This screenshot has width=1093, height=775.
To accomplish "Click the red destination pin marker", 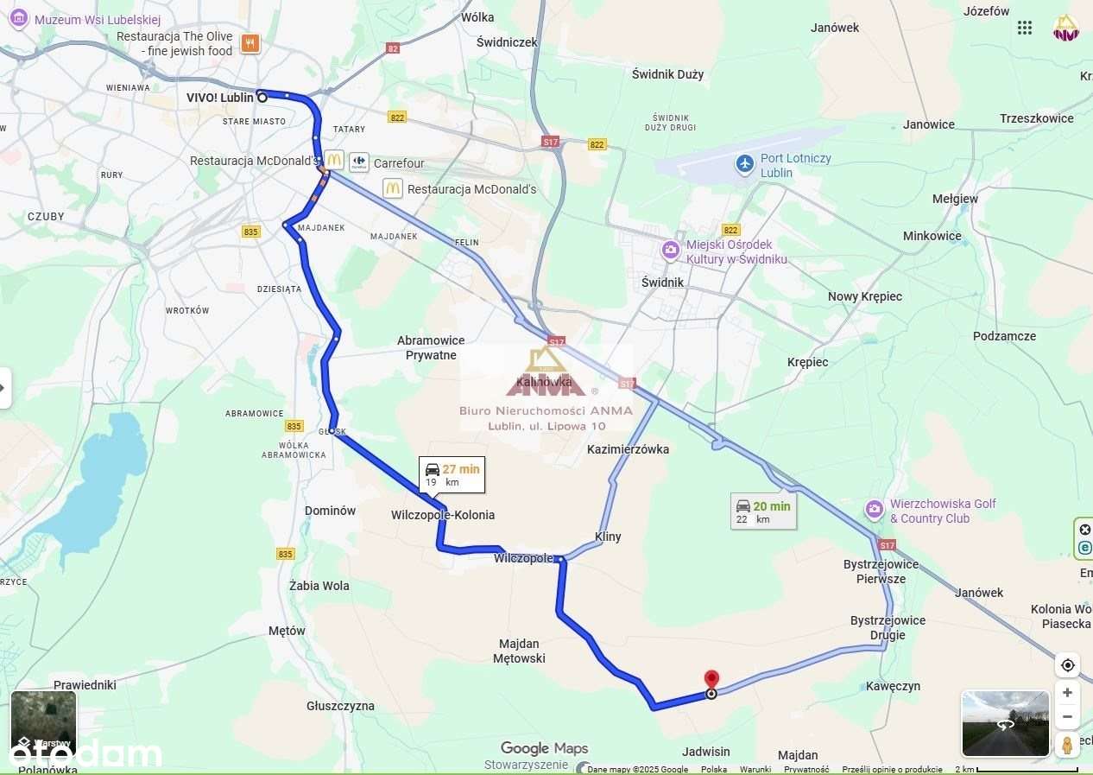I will (711, 680).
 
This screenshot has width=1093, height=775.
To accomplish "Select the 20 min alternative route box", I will (762, 511).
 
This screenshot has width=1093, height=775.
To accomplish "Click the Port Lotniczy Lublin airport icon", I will (745, 162).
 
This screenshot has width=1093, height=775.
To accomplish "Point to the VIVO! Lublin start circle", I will (261, 98).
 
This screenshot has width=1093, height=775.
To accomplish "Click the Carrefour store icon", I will (359, 162).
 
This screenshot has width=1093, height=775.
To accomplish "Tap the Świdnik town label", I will (663, 283).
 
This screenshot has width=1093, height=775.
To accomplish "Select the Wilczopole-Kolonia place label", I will (443, 515).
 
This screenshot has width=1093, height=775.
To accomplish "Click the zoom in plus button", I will (1068, 693).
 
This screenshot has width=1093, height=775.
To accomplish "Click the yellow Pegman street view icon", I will (1068, 745).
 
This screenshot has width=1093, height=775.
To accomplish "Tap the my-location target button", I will (1068, 665).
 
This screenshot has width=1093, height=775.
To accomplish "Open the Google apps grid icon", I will (1025, 28).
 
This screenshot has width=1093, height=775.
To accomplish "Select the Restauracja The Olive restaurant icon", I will (250, 43).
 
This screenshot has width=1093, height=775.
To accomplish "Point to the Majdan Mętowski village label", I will (519, 651).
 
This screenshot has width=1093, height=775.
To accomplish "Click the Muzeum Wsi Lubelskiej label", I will (98, 19).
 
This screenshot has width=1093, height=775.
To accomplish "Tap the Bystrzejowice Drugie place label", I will (888, 627).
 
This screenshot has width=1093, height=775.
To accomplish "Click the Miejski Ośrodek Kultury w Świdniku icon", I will (671, 251).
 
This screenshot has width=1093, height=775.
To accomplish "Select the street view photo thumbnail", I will (1005, 723).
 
